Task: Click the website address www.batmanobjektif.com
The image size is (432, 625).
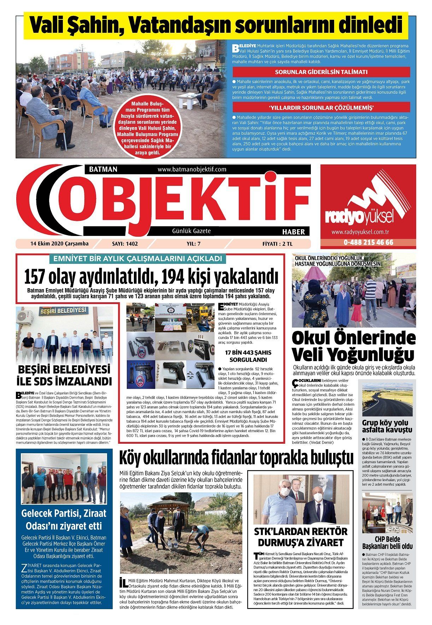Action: coord(192,170)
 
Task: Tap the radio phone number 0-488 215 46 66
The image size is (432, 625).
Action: coord(368,243)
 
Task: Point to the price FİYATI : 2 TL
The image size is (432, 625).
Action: coord(277,244)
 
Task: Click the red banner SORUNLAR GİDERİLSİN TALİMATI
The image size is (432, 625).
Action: coord(321,72)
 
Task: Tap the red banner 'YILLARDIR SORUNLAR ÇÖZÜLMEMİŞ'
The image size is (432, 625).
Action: coord(321,107)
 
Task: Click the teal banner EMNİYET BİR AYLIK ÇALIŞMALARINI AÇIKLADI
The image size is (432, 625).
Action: coord(137,259)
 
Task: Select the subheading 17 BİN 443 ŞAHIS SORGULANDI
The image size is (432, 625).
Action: coord(248,356)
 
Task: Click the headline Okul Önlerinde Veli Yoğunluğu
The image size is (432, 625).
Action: coord(353,346)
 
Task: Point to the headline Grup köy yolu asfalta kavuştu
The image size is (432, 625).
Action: coord(387,426)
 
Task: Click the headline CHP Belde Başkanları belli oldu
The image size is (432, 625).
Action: coord(387,543)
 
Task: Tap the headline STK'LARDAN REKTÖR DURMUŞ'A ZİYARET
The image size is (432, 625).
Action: coord(301,537)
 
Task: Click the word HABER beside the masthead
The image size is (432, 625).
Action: coord(293,232)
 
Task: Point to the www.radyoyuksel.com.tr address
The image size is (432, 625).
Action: coord(360,232)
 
